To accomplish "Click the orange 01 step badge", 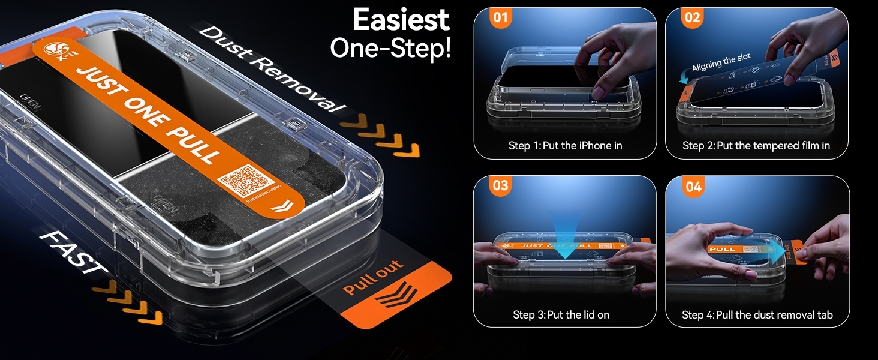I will click(500, 18).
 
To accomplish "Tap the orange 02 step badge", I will click(692, 18).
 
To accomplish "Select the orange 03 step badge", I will click(500, 185).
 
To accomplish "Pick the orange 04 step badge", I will click(693, 187).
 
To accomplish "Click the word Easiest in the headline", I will click(401, 20).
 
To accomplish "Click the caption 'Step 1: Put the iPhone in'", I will click(565, 146).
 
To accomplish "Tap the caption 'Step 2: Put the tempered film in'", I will click(756, 146).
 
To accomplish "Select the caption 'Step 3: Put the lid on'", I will click(561, 314).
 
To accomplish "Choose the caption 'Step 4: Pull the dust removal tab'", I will click(757, 314).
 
